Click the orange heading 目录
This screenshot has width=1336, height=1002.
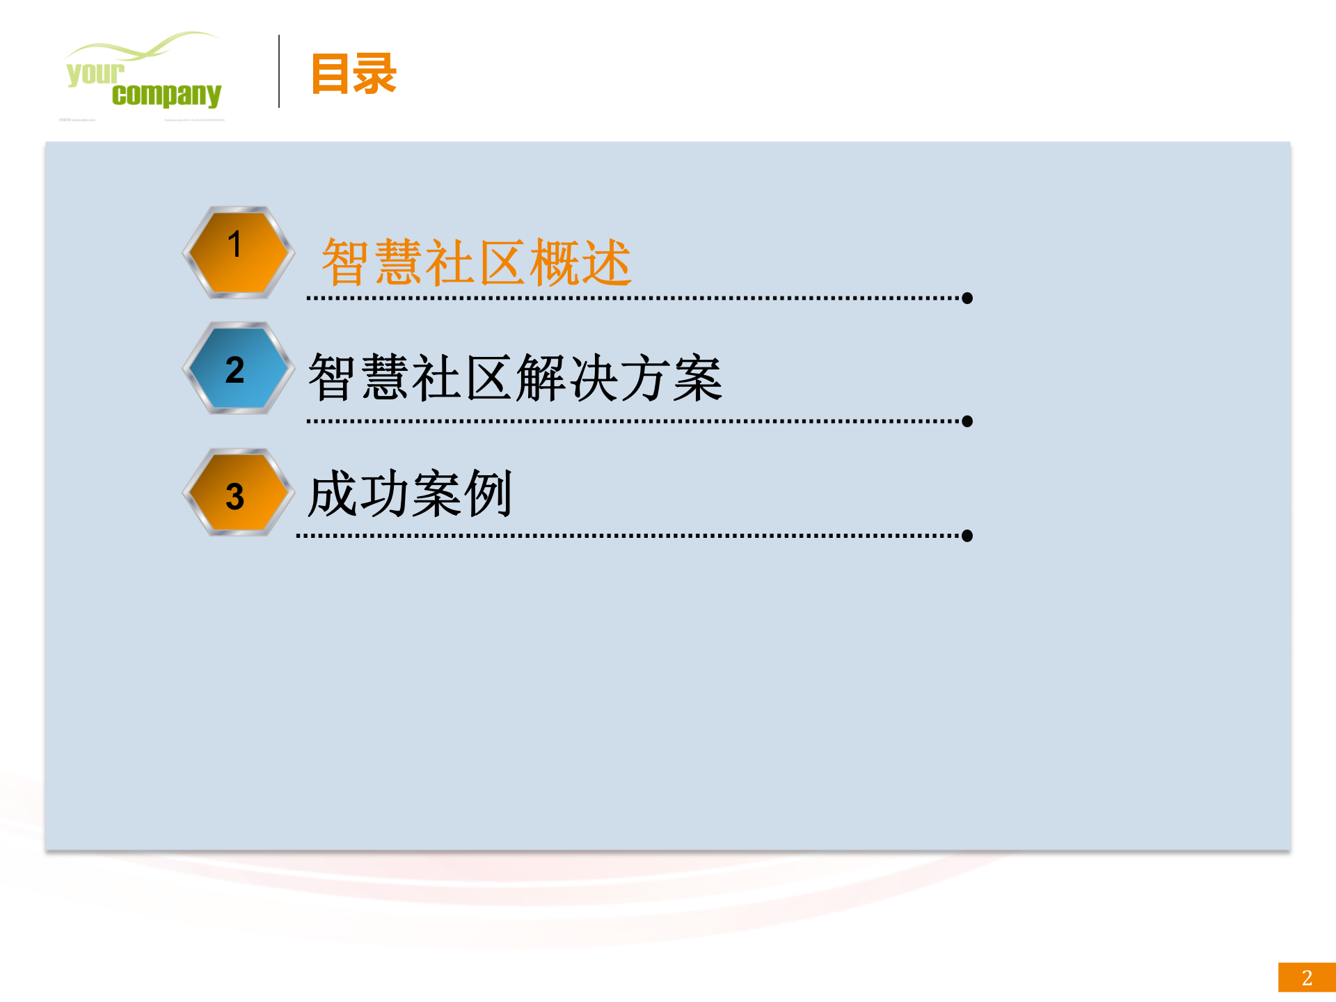pos(353,73)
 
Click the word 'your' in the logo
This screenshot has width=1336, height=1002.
pos(95,73)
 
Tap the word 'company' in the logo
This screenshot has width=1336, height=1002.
pos(166,95)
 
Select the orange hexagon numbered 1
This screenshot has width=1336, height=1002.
pos(238,252)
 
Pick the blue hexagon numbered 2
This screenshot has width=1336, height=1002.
pos(238,368)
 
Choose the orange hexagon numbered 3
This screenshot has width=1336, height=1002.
pos(238,493)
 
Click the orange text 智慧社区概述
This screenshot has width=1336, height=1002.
pos(476,262)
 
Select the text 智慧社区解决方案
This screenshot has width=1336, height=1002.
pos(515,378)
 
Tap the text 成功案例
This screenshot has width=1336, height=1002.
pos(410,493)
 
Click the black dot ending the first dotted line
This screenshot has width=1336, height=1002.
pos(967,299)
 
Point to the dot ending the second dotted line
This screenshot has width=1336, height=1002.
pos(967,422)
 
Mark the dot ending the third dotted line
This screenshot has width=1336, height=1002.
pos(967,536)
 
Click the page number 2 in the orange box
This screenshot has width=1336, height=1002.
pos(1307,978)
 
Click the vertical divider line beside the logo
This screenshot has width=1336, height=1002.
pos(279,71)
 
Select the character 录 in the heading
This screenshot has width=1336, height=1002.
pos(375,73)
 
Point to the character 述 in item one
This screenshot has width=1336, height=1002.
pos(606,262)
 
